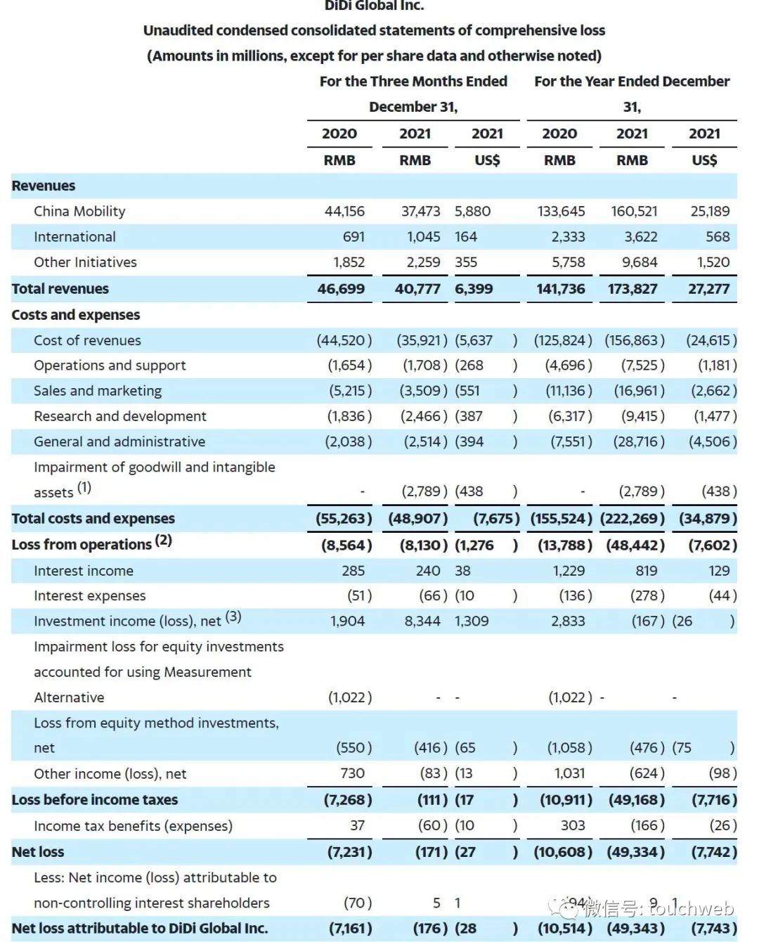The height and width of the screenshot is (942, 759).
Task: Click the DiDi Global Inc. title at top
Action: pos(374,6)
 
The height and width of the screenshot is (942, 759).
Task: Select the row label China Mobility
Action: pos(79,212)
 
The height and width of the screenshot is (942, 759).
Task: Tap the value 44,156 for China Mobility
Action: pos(344,212)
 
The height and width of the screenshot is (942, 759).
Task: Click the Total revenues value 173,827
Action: pos(632,289)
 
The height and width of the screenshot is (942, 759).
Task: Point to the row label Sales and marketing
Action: pos(98,391)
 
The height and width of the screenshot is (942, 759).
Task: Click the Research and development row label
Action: pos(120,416)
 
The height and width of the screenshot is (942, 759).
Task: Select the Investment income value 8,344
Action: pos(422,621)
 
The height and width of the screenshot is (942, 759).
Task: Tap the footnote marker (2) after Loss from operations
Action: pos(164,541)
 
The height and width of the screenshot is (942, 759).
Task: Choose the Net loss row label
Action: pos(38,852)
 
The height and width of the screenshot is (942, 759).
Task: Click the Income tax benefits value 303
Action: pos(573,825)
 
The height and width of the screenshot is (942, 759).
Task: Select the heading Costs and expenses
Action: pos(76,315)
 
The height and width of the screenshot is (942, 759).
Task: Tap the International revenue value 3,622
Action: pos(640,237)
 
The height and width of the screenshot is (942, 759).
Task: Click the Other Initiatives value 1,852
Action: pos(349,262)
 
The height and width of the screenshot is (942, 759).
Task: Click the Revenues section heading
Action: pos(44,186)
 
